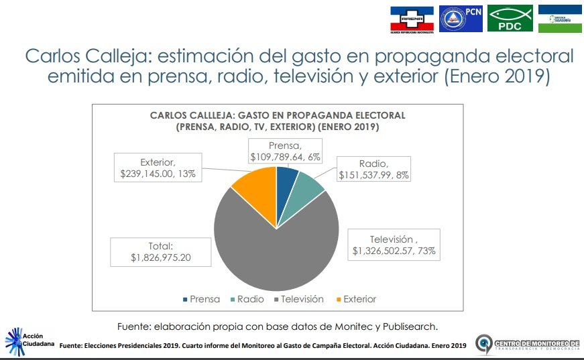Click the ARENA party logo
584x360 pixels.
coord(412,19)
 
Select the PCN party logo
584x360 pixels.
coord(461,19)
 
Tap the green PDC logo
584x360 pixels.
coord(510,19)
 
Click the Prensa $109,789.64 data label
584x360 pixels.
coord(285,151)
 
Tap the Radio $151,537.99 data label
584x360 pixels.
coord(373,169)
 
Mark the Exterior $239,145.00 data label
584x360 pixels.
coord(158,168)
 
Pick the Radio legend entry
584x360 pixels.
coord(247,299)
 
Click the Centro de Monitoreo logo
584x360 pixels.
coord(526,344)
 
